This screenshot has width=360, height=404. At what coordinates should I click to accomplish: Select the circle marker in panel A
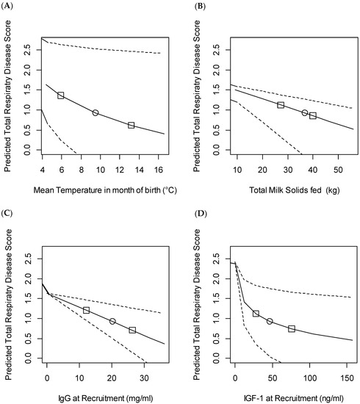click(x=96, y=113)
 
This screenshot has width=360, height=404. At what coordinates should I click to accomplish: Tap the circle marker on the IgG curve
click(x=112, y=321)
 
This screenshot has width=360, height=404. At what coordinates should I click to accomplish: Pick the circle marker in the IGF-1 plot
click(x=270, y=322)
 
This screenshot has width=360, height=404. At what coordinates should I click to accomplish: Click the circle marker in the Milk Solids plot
click(x=304, y=112)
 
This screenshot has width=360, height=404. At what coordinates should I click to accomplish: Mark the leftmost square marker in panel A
click(x=61, y=95)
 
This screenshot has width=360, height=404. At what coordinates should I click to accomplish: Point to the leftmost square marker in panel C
click(x=86, y=310)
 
